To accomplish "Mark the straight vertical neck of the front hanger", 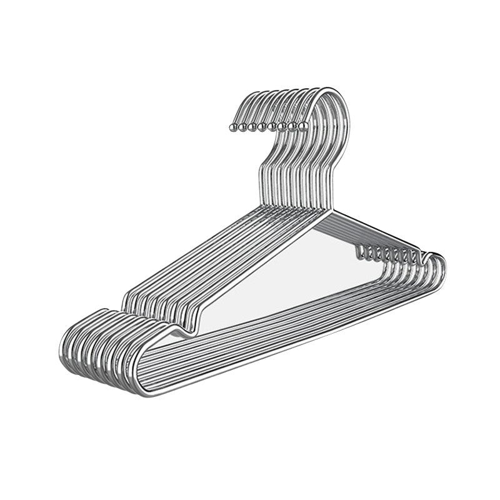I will (x=328, y=187).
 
